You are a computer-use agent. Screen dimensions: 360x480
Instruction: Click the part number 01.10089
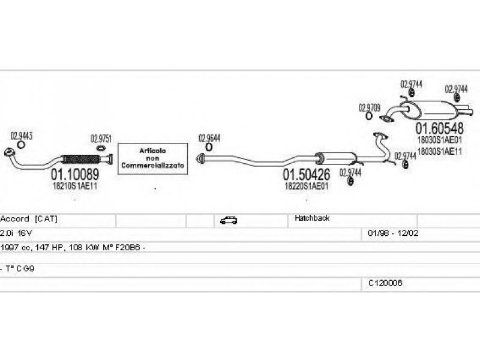point(74,175)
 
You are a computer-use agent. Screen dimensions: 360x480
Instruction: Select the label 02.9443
point(21,136)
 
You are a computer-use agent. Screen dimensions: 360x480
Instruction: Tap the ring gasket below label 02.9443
point(21,145)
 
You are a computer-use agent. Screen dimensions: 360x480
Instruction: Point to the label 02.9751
point(101,139)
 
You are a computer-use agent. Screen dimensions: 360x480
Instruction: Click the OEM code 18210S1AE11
point(74,186)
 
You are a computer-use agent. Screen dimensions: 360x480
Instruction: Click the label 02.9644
point(209,137)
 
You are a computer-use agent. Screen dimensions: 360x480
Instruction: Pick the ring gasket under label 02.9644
point(209,147)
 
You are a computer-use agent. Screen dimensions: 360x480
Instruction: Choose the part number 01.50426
point(306,175)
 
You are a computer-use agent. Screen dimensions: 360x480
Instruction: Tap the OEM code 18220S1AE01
point(306,186)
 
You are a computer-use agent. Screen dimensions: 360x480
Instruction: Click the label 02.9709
point(369,108)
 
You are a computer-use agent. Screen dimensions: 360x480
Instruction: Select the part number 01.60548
point(440,128)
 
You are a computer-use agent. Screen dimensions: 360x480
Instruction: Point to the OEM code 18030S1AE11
point(440,151)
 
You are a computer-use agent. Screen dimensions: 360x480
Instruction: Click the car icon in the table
point(229,220)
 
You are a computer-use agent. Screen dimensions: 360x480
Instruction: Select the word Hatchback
point(312,218)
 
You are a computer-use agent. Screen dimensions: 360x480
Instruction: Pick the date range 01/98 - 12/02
point(389,232)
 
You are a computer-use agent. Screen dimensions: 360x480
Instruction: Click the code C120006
point(385,283)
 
